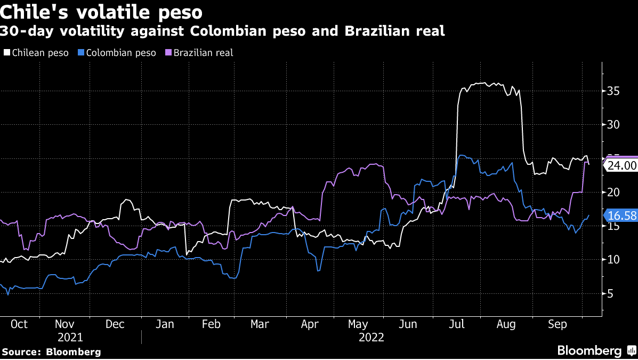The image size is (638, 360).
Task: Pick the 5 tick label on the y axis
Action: tap(610, 294)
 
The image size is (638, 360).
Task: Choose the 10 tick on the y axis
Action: tap(613, 260)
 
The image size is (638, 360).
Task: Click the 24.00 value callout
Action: tap(622, 165)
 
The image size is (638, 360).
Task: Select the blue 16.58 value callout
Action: tap(621, 216)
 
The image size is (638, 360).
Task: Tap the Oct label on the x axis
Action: tap(19, 324)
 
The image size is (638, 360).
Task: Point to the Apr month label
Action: tap(310, 324)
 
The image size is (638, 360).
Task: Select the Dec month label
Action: tap(115, 324)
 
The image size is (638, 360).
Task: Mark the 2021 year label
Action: tap(70, 338)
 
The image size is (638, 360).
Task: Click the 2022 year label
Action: tap(372, 338)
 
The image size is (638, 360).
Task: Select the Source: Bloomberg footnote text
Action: tap(52, 352)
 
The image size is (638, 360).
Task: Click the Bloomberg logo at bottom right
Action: tap(596, 351)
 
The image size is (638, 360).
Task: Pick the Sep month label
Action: tap(558, 324)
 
